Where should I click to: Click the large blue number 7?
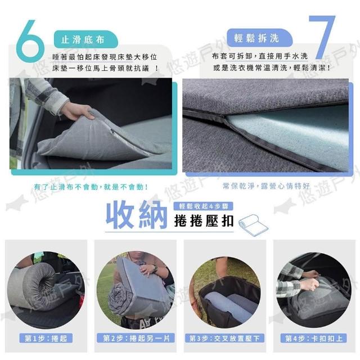(322, 37)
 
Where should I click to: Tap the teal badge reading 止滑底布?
(85, 39)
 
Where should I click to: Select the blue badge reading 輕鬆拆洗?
(259, 38)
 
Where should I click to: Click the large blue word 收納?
(136, 214)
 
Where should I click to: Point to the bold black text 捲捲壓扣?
(204, 221)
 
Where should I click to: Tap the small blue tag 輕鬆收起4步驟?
(204, 206)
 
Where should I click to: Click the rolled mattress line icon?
(253, 225)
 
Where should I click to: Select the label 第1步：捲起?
(46, 338)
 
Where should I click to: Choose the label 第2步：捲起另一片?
(136, 338)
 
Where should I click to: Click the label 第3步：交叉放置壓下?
(225, 338)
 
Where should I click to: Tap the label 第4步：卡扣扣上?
(314, 338)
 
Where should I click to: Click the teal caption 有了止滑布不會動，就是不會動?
(91, 187)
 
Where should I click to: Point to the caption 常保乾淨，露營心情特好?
(266, 186)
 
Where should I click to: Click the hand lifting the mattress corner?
(77, 111)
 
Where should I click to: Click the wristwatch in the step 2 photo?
(155, 268)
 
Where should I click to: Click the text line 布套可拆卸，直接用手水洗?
(260, 56)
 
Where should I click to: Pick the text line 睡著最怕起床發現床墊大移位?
(105, 57)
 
